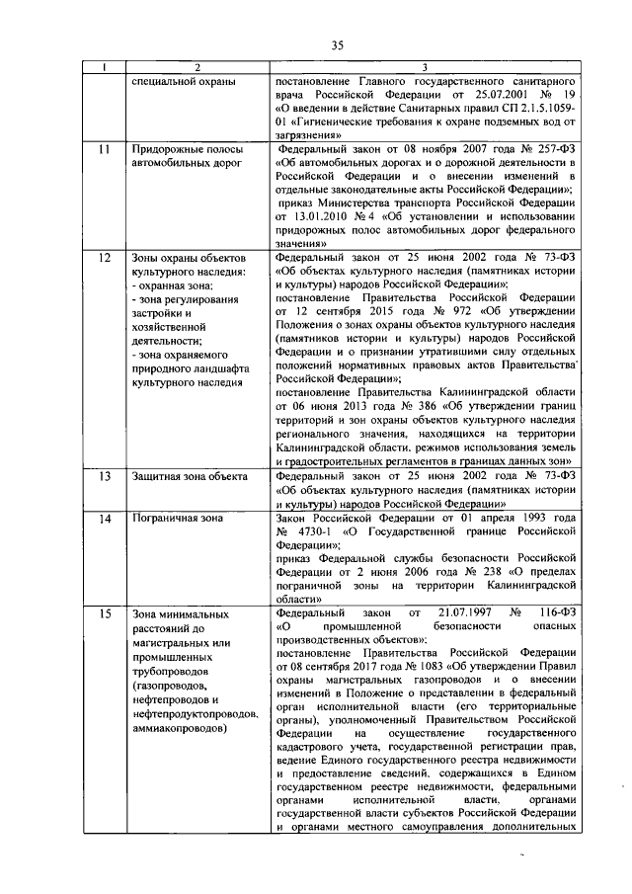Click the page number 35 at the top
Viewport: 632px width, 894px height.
click(337, 44)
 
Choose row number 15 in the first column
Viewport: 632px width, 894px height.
click(104, 613)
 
